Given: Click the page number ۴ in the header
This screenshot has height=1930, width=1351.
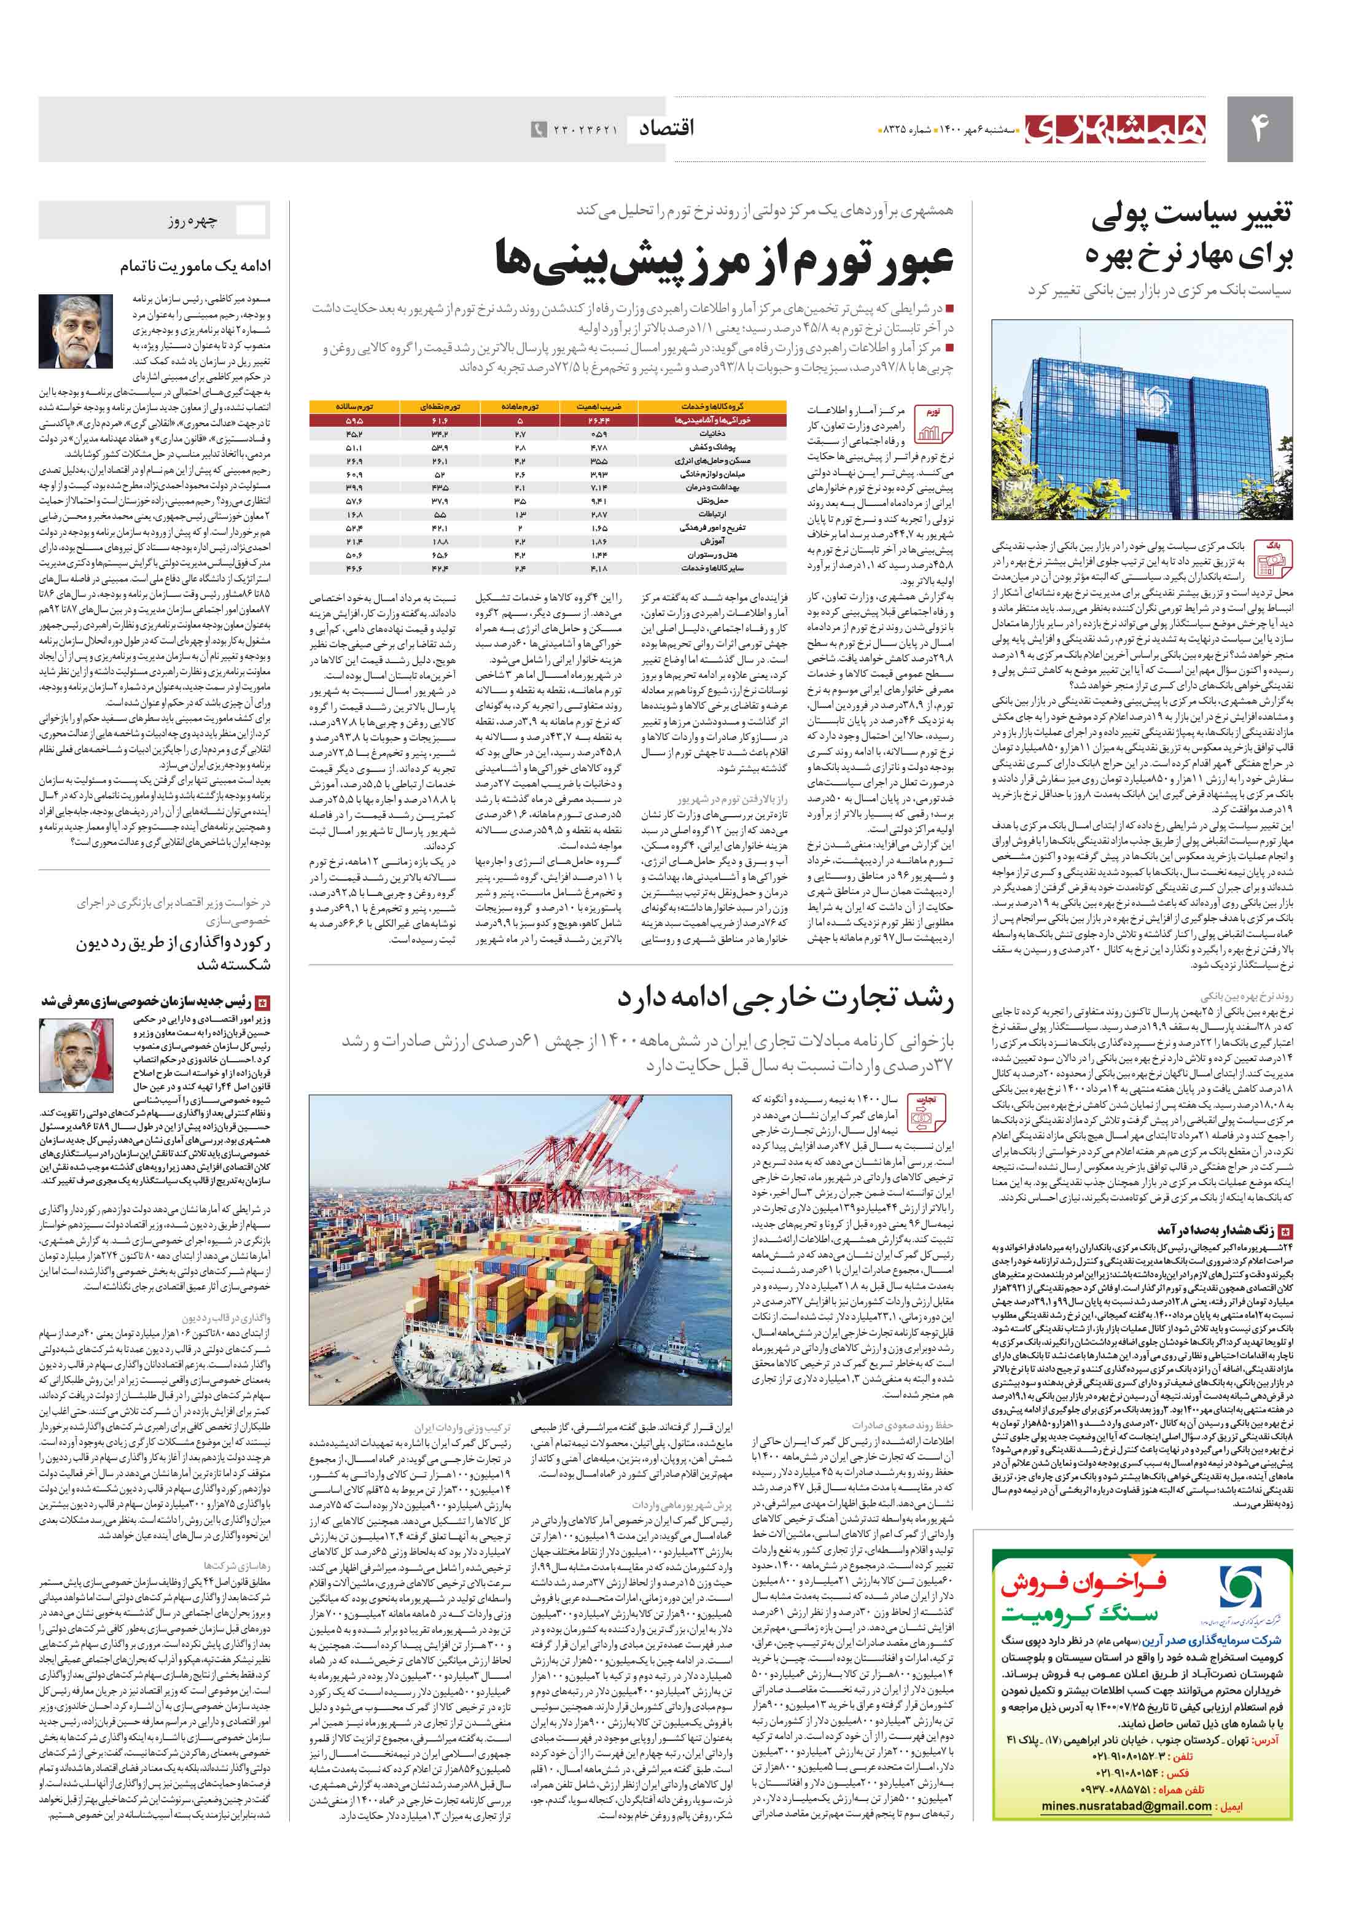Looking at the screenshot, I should pos(1258,128).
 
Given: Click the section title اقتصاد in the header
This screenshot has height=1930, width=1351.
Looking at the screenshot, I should pos(667,128).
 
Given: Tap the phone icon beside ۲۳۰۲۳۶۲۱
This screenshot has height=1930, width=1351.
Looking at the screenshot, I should pos(539,130).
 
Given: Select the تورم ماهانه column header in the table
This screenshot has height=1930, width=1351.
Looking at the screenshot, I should pos(520,406).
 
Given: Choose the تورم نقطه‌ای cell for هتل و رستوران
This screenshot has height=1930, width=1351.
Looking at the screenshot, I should pos(440,554).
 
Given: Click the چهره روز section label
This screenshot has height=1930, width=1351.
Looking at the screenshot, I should pos(193,221).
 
